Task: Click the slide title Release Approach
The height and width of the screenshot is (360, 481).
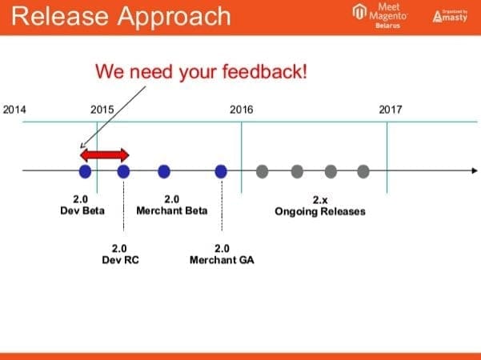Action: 118,17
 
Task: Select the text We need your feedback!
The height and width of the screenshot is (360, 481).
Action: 201,71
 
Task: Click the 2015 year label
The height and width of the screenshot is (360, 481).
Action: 102,110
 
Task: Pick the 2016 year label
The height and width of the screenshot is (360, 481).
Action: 241,110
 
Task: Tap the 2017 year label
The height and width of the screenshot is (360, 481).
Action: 391,110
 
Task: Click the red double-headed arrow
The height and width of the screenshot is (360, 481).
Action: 104,154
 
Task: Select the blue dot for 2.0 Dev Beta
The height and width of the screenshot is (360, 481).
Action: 85,170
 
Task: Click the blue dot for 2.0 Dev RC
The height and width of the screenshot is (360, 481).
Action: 123,170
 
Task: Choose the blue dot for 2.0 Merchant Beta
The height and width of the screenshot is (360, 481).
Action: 164,170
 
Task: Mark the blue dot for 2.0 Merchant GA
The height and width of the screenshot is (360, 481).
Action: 222,170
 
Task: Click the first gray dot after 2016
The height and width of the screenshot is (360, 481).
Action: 262,170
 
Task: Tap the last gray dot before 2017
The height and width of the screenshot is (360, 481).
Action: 363,170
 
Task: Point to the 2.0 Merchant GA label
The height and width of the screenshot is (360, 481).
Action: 222,254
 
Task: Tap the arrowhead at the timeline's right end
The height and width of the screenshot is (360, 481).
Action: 475,170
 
